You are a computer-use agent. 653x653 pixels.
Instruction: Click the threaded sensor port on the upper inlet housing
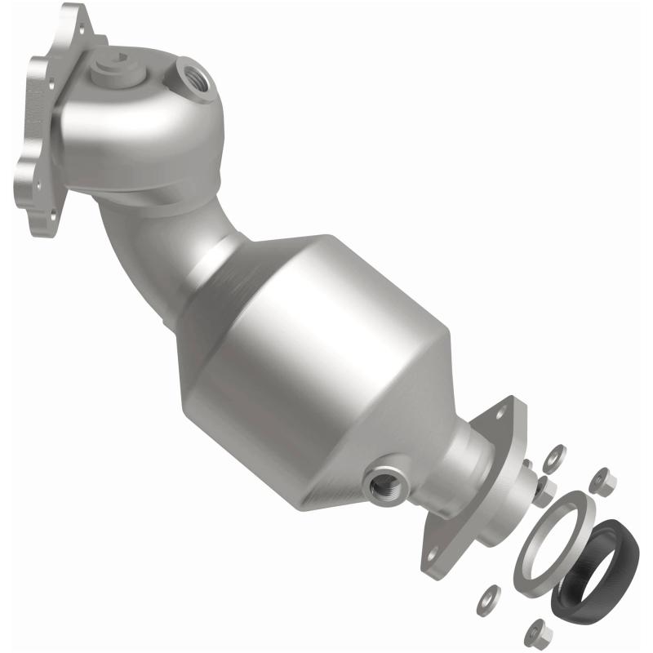pos(194,80)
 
